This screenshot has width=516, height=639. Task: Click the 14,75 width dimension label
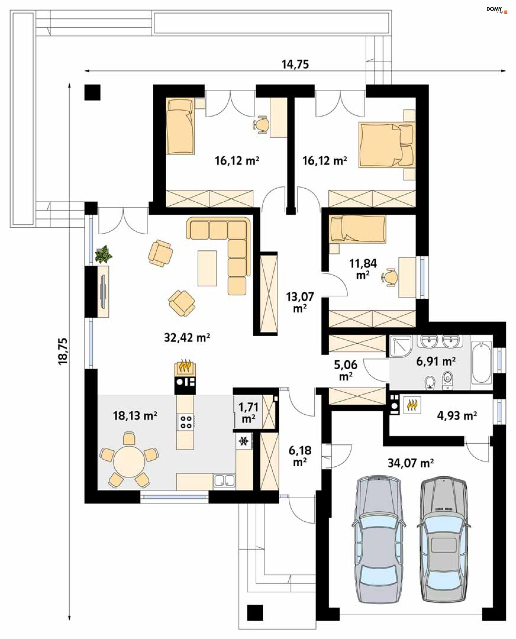tap(295, 64)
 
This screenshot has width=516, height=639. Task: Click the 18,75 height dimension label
tap(63, 351)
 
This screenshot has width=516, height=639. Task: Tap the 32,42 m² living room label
tap(187, 338)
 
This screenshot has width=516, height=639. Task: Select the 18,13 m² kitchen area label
tap(135, 415)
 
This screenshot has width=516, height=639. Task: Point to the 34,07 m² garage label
tap(410, 463)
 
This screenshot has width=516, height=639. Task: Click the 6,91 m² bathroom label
tap(436, 361)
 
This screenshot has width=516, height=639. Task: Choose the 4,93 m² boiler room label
tap(457, 415)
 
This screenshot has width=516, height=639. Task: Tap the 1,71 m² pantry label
tap(248, 412)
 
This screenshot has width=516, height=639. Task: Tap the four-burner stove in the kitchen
tap(186, 422)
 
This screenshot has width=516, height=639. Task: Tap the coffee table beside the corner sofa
tap(207, 268)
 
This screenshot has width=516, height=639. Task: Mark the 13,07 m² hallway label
tap(300, 303)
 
